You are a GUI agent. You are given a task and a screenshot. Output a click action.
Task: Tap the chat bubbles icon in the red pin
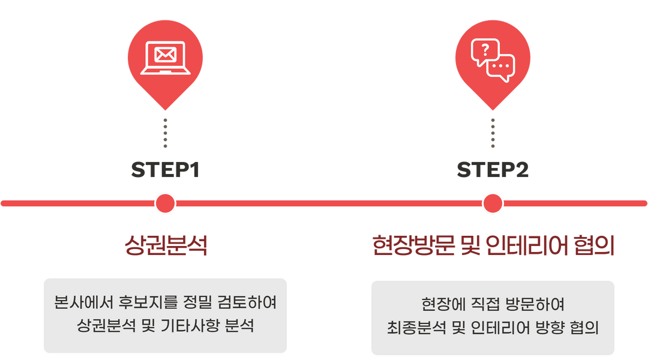[493, 61]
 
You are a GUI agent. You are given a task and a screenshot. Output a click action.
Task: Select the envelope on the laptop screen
[165, 55]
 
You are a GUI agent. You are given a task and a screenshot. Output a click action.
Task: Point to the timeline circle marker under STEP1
[165, 203]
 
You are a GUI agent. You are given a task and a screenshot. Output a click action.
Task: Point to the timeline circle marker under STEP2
[493, 203]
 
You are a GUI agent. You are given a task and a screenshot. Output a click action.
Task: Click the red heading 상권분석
[165, 245]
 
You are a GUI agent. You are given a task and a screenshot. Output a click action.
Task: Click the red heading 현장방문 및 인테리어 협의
[493, 245]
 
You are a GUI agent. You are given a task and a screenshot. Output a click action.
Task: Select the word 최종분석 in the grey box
[414, 328]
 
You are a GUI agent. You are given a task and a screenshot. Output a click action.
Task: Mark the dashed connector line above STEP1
[165, 133]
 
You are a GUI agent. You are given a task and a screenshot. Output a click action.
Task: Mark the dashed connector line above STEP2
[493, 133]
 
